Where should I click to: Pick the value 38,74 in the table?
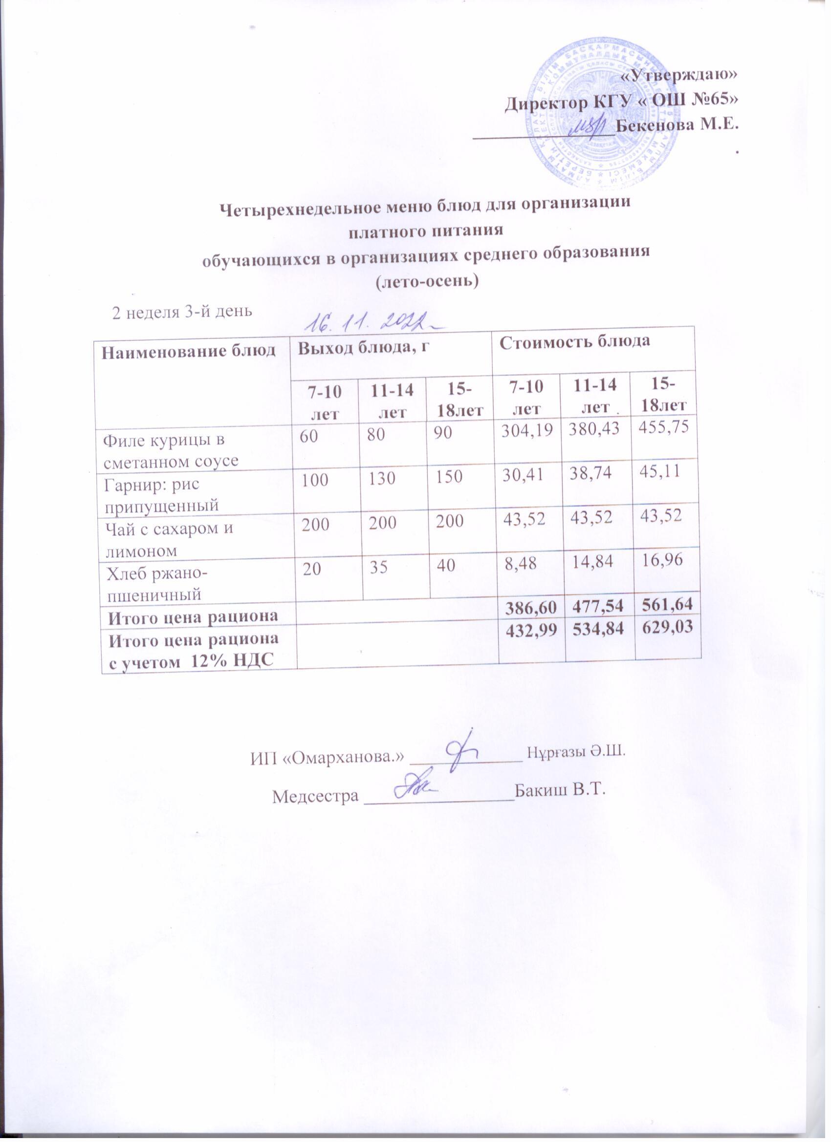pos(594,474)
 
